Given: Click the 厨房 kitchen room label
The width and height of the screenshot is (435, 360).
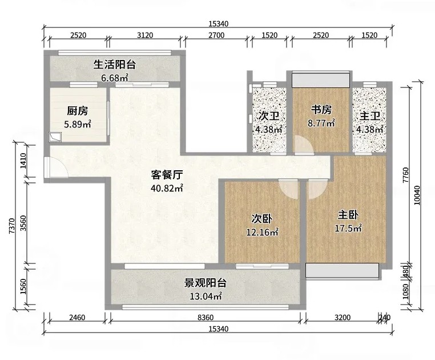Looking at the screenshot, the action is (77, 111).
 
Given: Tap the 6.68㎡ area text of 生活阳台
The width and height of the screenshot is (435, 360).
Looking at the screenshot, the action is (114, 78).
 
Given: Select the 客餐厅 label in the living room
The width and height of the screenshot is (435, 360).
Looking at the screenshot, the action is (167, 175).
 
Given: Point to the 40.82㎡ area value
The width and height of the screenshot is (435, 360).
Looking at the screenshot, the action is (167, 188).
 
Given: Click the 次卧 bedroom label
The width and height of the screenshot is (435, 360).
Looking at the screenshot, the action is (262, 219).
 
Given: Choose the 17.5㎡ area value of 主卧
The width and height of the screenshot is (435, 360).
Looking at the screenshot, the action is (348, 228).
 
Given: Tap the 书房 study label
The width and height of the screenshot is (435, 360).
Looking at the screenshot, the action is (321, 110).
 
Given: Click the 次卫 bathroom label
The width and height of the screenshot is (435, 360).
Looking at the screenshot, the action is (268, 116).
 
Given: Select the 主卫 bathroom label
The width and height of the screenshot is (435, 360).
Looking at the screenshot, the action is (370, 116).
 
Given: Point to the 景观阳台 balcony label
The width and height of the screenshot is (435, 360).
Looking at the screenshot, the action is (206, 283).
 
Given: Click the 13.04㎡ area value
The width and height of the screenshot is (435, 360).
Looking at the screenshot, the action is (206, 297).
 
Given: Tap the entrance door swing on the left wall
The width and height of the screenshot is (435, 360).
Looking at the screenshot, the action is (57, 167).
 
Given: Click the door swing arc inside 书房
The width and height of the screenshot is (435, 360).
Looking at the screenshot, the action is (304, 145).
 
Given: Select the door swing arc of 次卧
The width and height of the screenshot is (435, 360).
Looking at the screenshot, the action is (288, 189).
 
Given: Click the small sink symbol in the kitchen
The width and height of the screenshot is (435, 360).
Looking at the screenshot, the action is (55, 137).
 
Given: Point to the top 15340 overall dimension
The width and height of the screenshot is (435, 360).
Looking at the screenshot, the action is (218, 24).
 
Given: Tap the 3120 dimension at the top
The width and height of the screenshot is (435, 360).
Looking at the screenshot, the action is (145, 35).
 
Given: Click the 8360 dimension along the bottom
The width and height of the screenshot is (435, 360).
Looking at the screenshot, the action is (206, 317).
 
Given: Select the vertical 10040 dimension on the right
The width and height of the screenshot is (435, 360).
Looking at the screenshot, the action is (417, 195).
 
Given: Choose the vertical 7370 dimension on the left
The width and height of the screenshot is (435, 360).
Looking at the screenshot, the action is (11, 226).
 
